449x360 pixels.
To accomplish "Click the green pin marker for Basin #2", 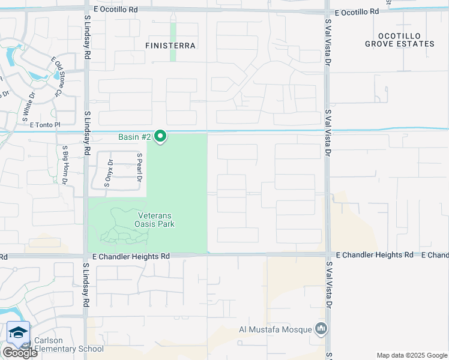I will pyautogui.click(x=160, y=137).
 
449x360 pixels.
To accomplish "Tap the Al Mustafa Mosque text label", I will pyautogui.click(x=276, y=329).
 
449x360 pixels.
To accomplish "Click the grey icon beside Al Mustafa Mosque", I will pyautogui.click(x=322, y=329).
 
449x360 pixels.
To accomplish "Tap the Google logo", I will pyautogui.click(x=19, y=353).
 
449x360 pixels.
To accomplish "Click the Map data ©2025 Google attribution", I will pyautogui.click(x=411, y=355).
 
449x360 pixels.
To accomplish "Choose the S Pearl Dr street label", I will pyautogui.click(x=139, y=167).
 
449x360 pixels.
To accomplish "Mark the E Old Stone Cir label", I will pyautogui.click(x=57, y=76).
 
